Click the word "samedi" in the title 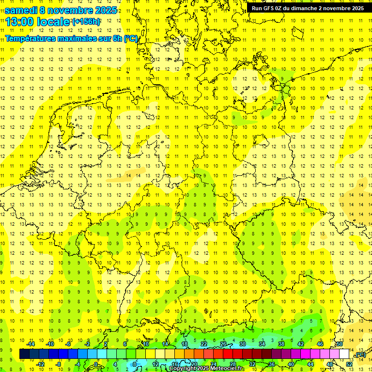pos(21,10)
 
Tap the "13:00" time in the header pos(19,22)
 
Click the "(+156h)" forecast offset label pos(86,22)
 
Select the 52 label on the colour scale pos(349,364)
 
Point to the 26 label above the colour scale pos(223,344)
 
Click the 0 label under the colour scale pos(96,364)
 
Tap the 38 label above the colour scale pos(281,344)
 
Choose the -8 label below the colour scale pos(59,364)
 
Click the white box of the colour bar pos(344,354)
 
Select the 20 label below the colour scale pos(194,364)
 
